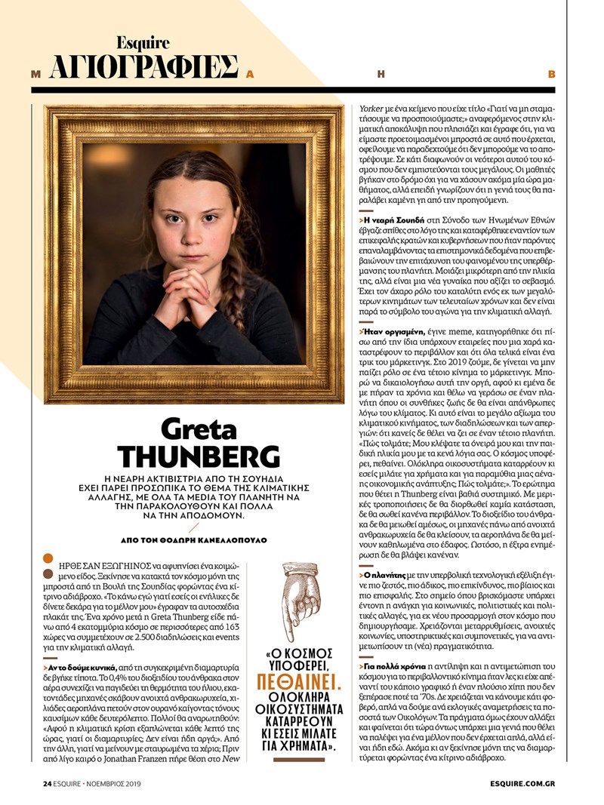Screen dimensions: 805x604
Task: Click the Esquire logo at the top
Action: [143, 43]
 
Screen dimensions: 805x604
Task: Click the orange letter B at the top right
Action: [551, 74]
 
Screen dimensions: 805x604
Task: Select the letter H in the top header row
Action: [381, 74]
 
